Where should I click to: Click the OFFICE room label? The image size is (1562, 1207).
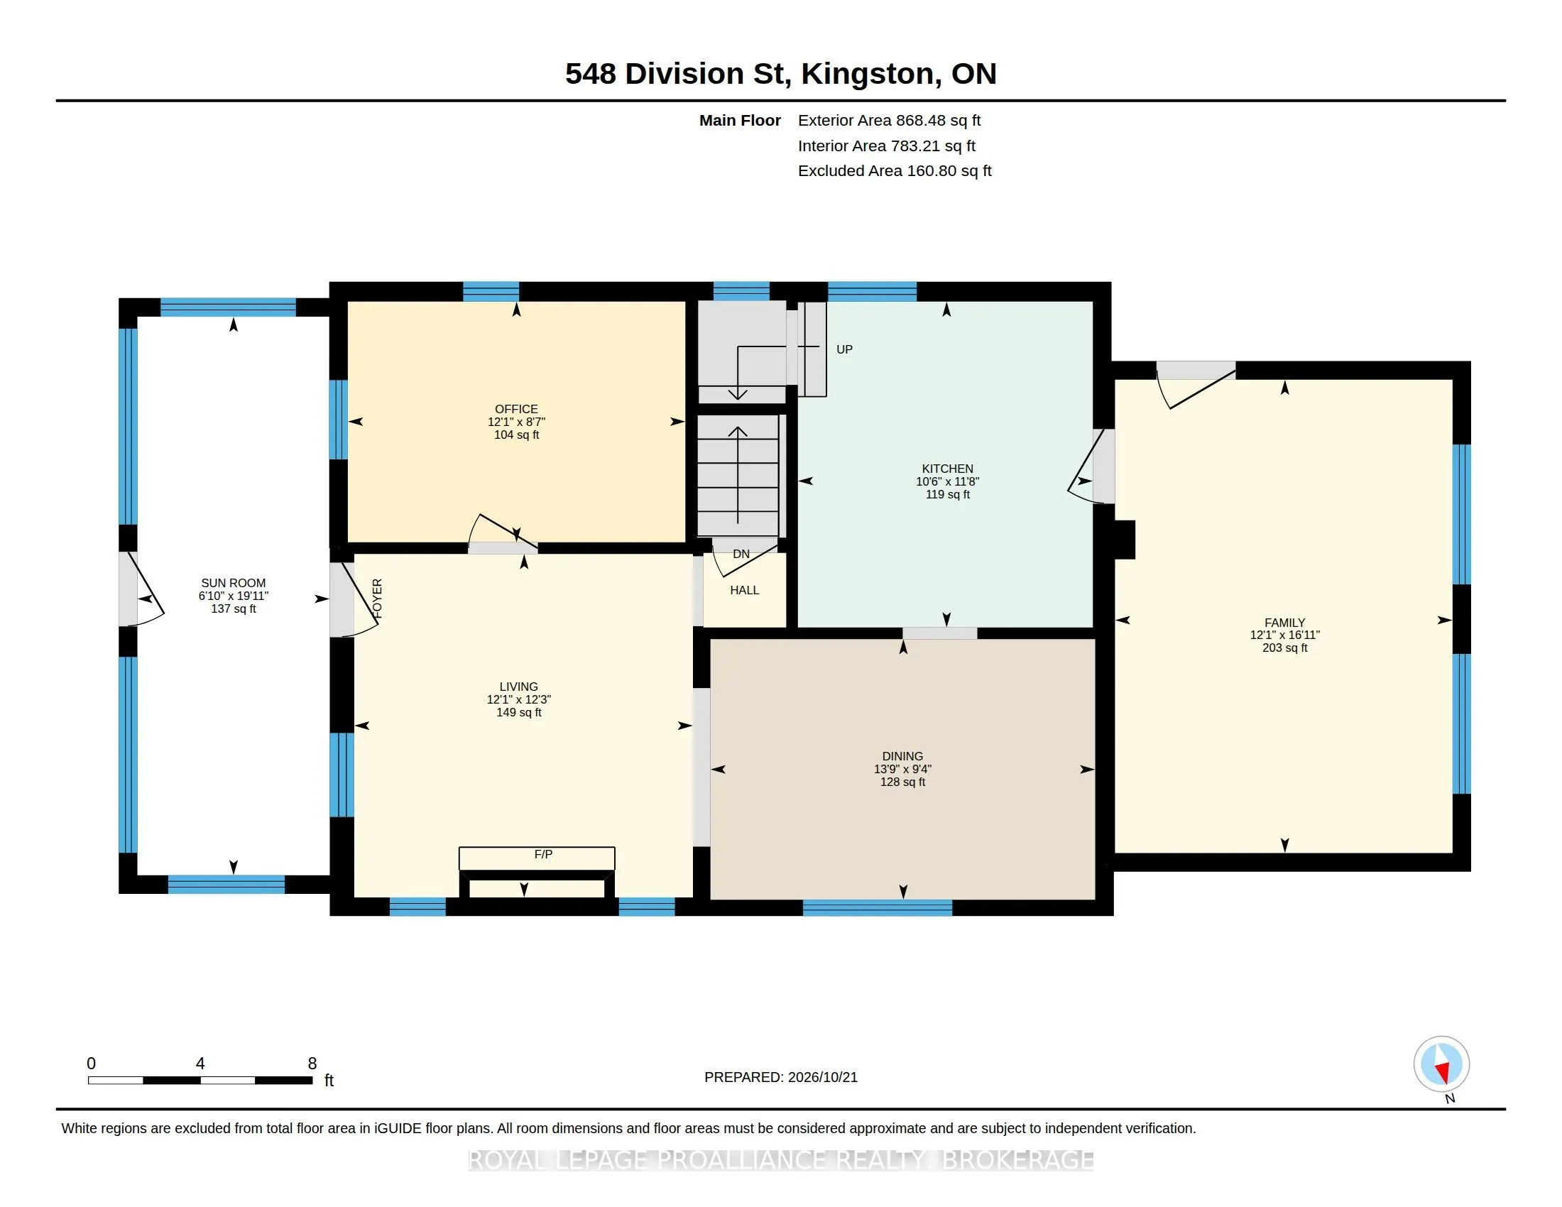click(x=516, y=409)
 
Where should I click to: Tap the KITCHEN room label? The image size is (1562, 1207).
click(x=948, y=469)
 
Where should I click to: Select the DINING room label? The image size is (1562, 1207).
click(x=902, y=757)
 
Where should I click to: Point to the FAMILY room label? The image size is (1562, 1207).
click(x=1284, y=623)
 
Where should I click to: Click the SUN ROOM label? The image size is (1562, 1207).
click(x=233, y=584)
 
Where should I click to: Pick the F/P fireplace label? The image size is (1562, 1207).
click(x=544, y=854)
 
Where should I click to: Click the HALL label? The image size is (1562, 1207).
click(x=745, y=591)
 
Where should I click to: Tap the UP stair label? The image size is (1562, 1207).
click(x=845, y=349)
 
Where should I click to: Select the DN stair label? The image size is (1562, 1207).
click(x=742, y=555)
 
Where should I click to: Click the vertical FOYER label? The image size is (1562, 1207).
click(x=378, y=599)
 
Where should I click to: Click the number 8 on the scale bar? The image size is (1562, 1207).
click(x=312, y=1064)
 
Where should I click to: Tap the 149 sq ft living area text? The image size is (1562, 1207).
click(x=518, y=713)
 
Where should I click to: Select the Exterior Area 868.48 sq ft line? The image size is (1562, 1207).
click(x=889, y=121)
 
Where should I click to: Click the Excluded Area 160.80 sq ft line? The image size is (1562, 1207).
click(x=895, y=171)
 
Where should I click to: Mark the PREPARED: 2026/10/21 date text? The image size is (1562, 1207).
click(x=781, y=1078)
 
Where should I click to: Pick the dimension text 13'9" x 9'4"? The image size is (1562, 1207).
click(x=902, y=770)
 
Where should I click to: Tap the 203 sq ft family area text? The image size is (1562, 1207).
click(x=1284, y=648)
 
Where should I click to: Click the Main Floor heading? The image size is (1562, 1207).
click(x=741, y=121)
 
